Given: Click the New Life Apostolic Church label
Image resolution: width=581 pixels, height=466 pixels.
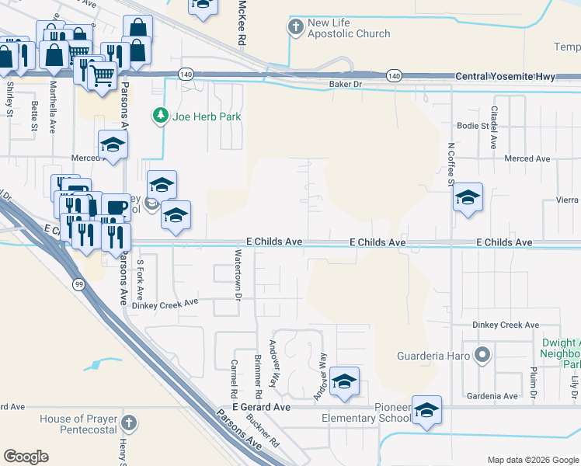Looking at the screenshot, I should pos(349,29).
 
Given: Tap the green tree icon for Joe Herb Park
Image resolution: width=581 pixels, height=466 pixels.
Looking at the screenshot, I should pos(161,116).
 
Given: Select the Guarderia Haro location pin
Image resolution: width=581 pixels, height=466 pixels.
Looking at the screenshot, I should pos(482,356).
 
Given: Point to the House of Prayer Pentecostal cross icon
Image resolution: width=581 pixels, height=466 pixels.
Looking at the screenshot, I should pos(130,424).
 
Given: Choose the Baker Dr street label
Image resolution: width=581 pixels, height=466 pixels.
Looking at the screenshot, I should pos(346,83).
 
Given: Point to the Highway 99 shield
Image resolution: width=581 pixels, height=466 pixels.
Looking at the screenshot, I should pos(78,285).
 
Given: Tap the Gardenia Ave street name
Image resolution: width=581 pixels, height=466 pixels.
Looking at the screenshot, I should pos(499,396).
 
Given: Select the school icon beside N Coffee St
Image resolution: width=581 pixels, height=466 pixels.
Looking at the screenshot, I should pos(468,197).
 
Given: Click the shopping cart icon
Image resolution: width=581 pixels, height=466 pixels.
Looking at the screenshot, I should pos(101,75).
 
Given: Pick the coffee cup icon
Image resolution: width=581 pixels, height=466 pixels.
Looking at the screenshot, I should pos(116,207).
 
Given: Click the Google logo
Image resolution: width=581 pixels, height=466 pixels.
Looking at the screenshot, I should pos(26,457).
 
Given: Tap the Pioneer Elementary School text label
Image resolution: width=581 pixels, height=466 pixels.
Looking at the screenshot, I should pos(366,413).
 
